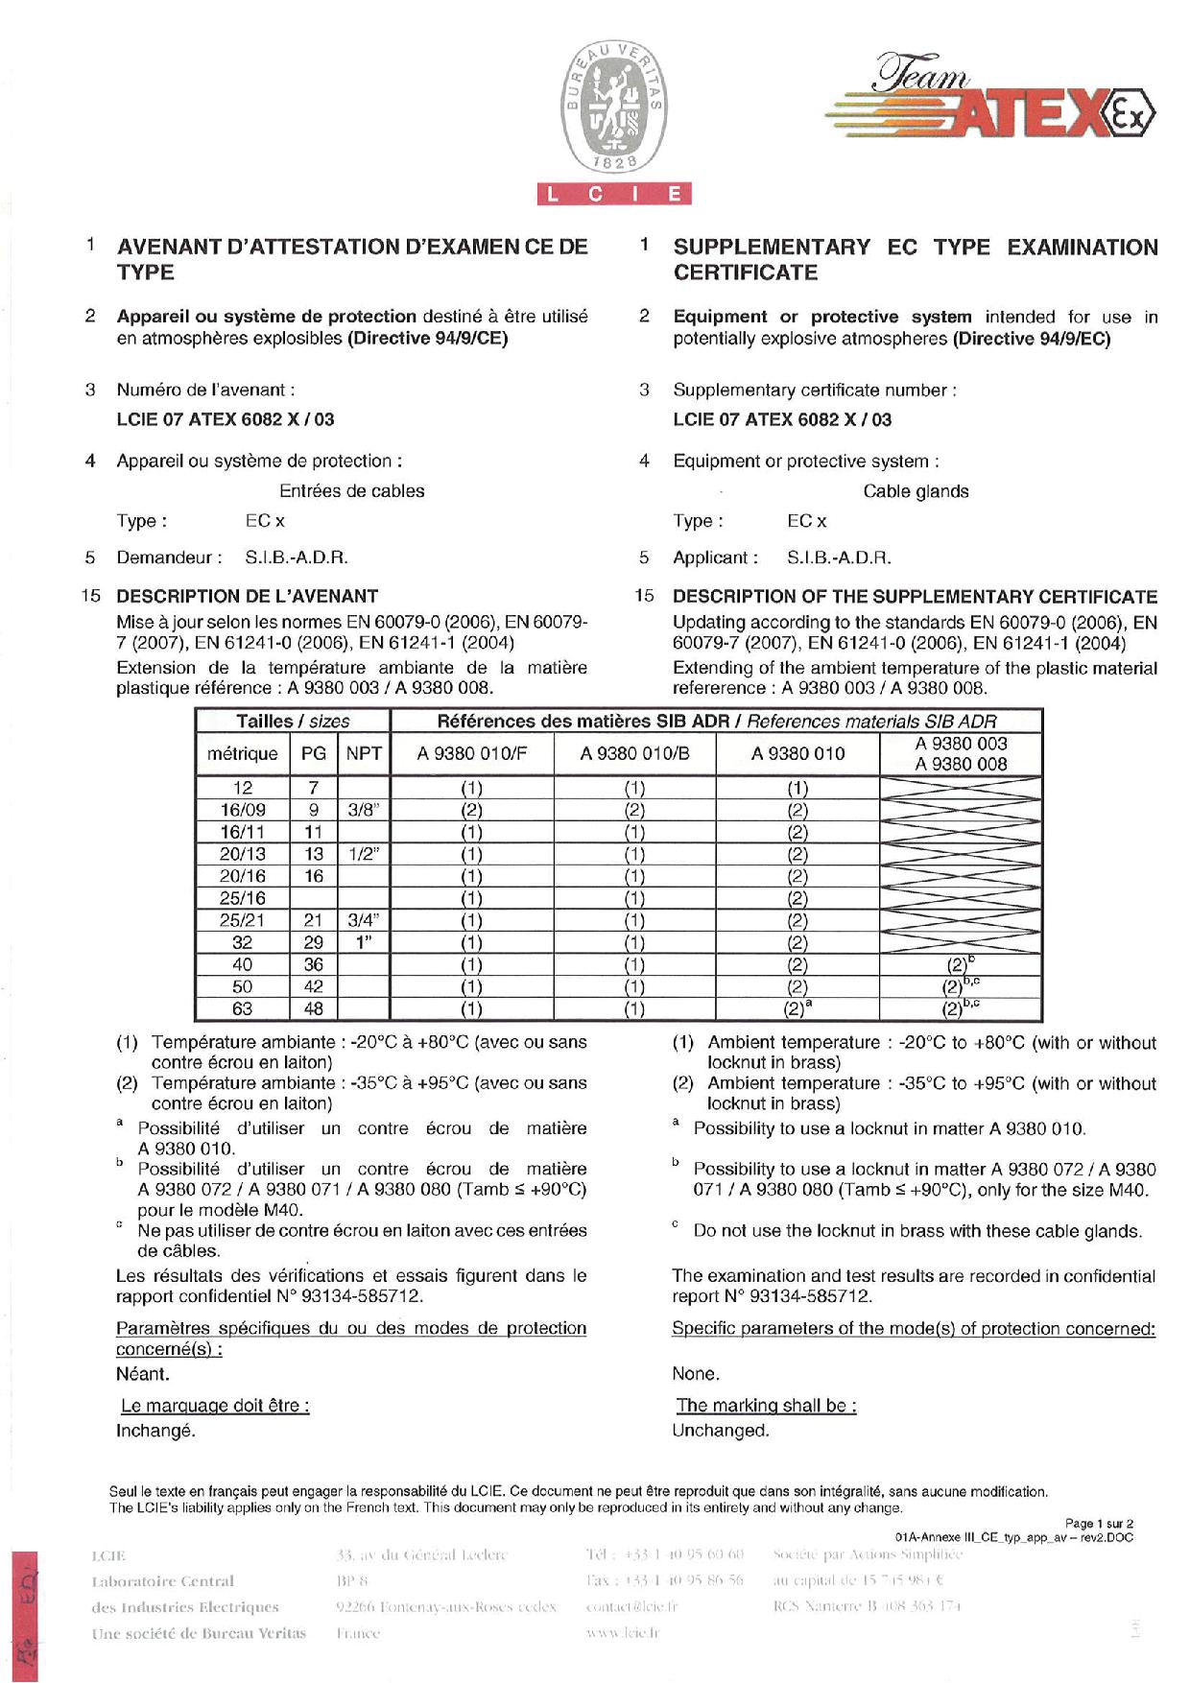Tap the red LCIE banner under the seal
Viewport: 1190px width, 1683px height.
click(614, 195)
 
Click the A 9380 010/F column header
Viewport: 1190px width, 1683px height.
click(471, 754)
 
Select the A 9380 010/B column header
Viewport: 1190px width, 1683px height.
click(634, 754)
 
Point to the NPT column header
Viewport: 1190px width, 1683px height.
click(364, 754)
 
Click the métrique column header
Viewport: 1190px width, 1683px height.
click(242, 754)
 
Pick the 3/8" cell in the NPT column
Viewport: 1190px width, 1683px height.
click(364, 810)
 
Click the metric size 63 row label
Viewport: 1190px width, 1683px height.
click(242, 1009)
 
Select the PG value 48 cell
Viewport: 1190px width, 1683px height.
click(313, 1009)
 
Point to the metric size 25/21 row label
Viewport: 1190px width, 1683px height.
click(242, 920)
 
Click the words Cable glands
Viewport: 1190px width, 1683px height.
click(916, 491)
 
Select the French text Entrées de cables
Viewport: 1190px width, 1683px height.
click(351, 491)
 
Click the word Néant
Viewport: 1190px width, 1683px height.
click(142, 1374)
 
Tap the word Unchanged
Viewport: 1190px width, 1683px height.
click(720, 1431)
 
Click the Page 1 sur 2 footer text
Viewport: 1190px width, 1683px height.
click(1099, 1524)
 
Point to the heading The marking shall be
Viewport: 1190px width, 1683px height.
click(765, 1406)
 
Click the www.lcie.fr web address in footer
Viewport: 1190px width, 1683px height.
click(622, 1632)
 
